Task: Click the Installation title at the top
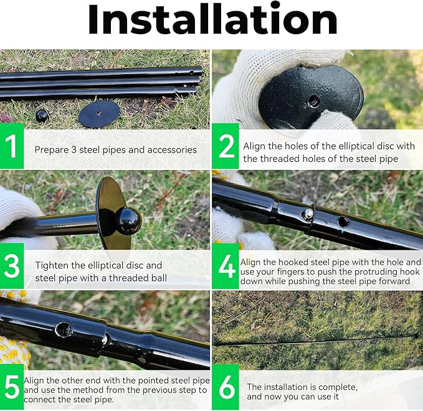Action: tap(212, 21)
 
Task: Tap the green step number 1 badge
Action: tap(12, 147)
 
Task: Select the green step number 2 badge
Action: tap(226, 147)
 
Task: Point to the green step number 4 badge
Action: tap(226, 266)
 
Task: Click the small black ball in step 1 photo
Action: tap(42, 116)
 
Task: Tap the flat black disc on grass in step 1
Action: tap(99, 115)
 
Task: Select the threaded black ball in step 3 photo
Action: tap(130, 221)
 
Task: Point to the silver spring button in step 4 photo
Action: tap(307, 214)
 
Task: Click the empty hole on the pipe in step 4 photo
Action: tap(343, 221)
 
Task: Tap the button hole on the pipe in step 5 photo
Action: tap(63, 330)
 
